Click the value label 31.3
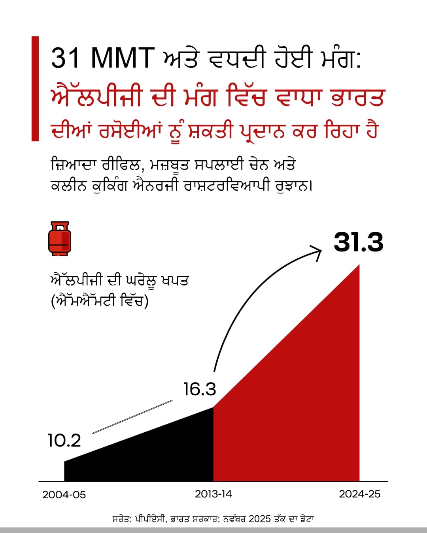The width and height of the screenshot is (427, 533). click(x=358, y=242)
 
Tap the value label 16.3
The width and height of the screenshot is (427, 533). click(x=200, y=389)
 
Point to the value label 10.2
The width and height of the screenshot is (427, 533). click(x=64, y=441)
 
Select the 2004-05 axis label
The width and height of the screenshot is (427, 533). click(x=64, y=495)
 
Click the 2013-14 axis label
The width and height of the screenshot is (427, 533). click(x=213, y=494)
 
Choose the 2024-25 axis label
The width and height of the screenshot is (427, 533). click(x=359, y=494)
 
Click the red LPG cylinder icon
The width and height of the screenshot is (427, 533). click(x=59, y=238)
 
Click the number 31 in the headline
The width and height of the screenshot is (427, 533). click(x=65, y=58)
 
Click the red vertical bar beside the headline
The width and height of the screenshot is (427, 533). click(x=35, y=89)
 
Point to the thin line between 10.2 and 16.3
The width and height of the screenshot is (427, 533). click(x=132, y=417)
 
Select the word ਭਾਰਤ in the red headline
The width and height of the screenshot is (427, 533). click(x=357, y=97)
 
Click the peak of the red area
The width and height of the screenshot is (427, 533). click(x=359, y=266)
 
